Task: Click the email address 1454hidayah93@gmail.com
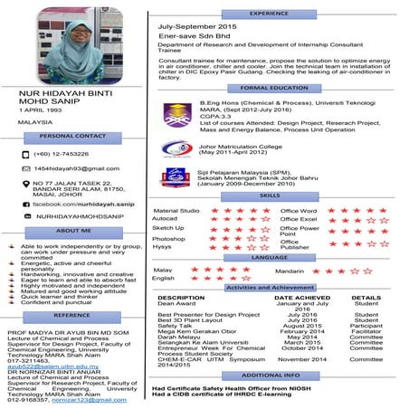[x=76, y=168]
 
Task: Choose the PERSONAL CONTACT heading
[x=73, y=136]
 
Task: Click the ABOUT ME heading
[x=73, y=232]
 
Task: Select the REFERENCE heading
[x=72, y=315]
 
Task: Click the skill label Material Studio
[x=176, y=211]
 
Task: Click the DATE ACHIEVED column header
[x=302, y=298]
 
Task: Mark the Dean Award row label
[x=177, y=305]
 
